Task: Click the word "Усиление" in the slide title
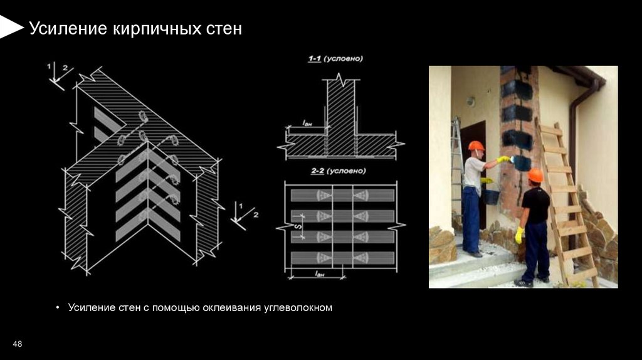pyautogui.click(x=68, y=29)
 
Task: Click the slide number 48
pyautogui.click(x=17, y=344)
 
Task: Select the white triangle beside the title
pyautogui.click(x=11, y=28)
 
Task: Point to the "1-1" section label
pyautogui.click(x=315, y=58)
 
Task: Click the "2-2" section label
pyautogui.click(x=317, y=171)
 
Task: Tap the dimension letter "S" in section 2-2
pyautogui.click(x=298, y=226)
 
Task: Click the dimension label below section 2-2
pyautogui.click(x=320, y=273)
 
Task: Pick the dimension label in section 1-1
pyautogui.click(x=307, y=123)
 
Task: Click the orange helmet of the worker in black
pyautogui.click(x=535, y=175)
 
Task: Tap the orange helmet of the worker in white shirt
pyautogui.click(x=476, y=146)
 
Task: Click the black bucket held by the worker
pyautogui.click(x=491, y=196)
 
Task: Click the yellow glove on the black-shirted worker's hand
pyautogui.click(x=519, y=235)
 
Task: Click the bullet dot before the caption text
pyautogui.click(x=58, y=307)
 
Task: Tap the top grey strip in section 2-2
pyautogui.click(x=343, y=195)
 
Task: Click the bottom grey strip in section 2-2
pyautogui.click(x=343, y=258)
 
